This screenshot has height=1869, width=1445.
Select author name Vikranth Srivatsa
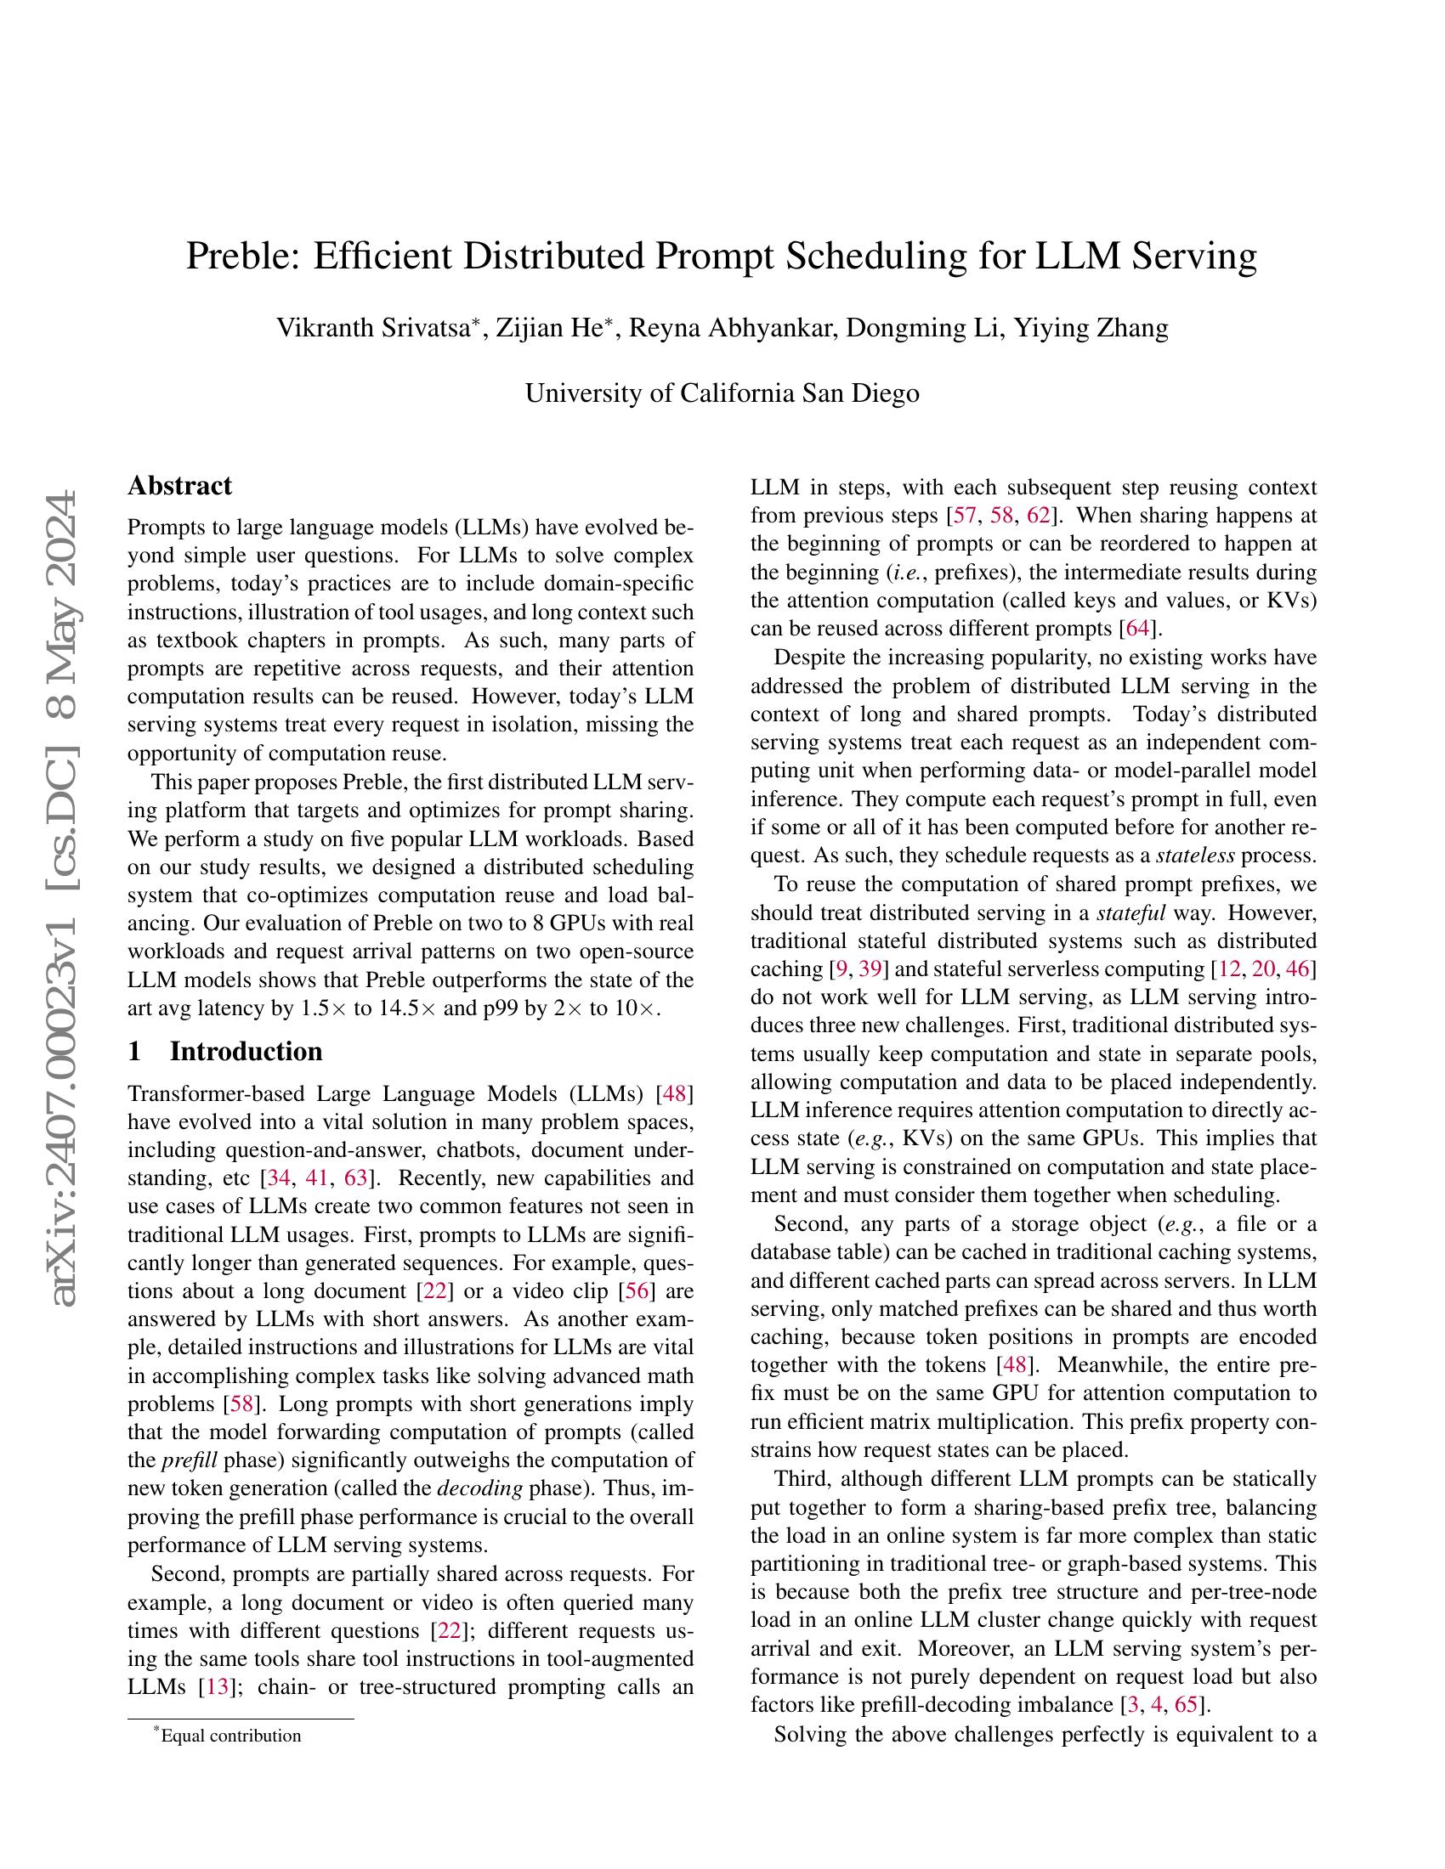point(371,328)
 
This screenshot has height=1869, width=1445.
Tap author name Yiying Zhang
point(1091,328)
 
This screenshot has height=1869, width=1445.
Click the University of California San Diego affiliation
point(722,392)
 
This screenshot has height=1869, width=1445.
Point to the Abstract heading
point(178,485)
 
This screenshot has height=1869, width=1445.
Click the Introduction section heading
point(246,1051)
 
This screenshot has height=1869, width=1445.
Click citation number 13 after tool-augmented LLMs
point(217,1686)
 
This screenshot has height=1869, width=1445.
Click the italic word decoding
point(479,1489)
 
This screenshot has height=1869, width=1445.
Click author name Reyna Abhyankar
point(731,328)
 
